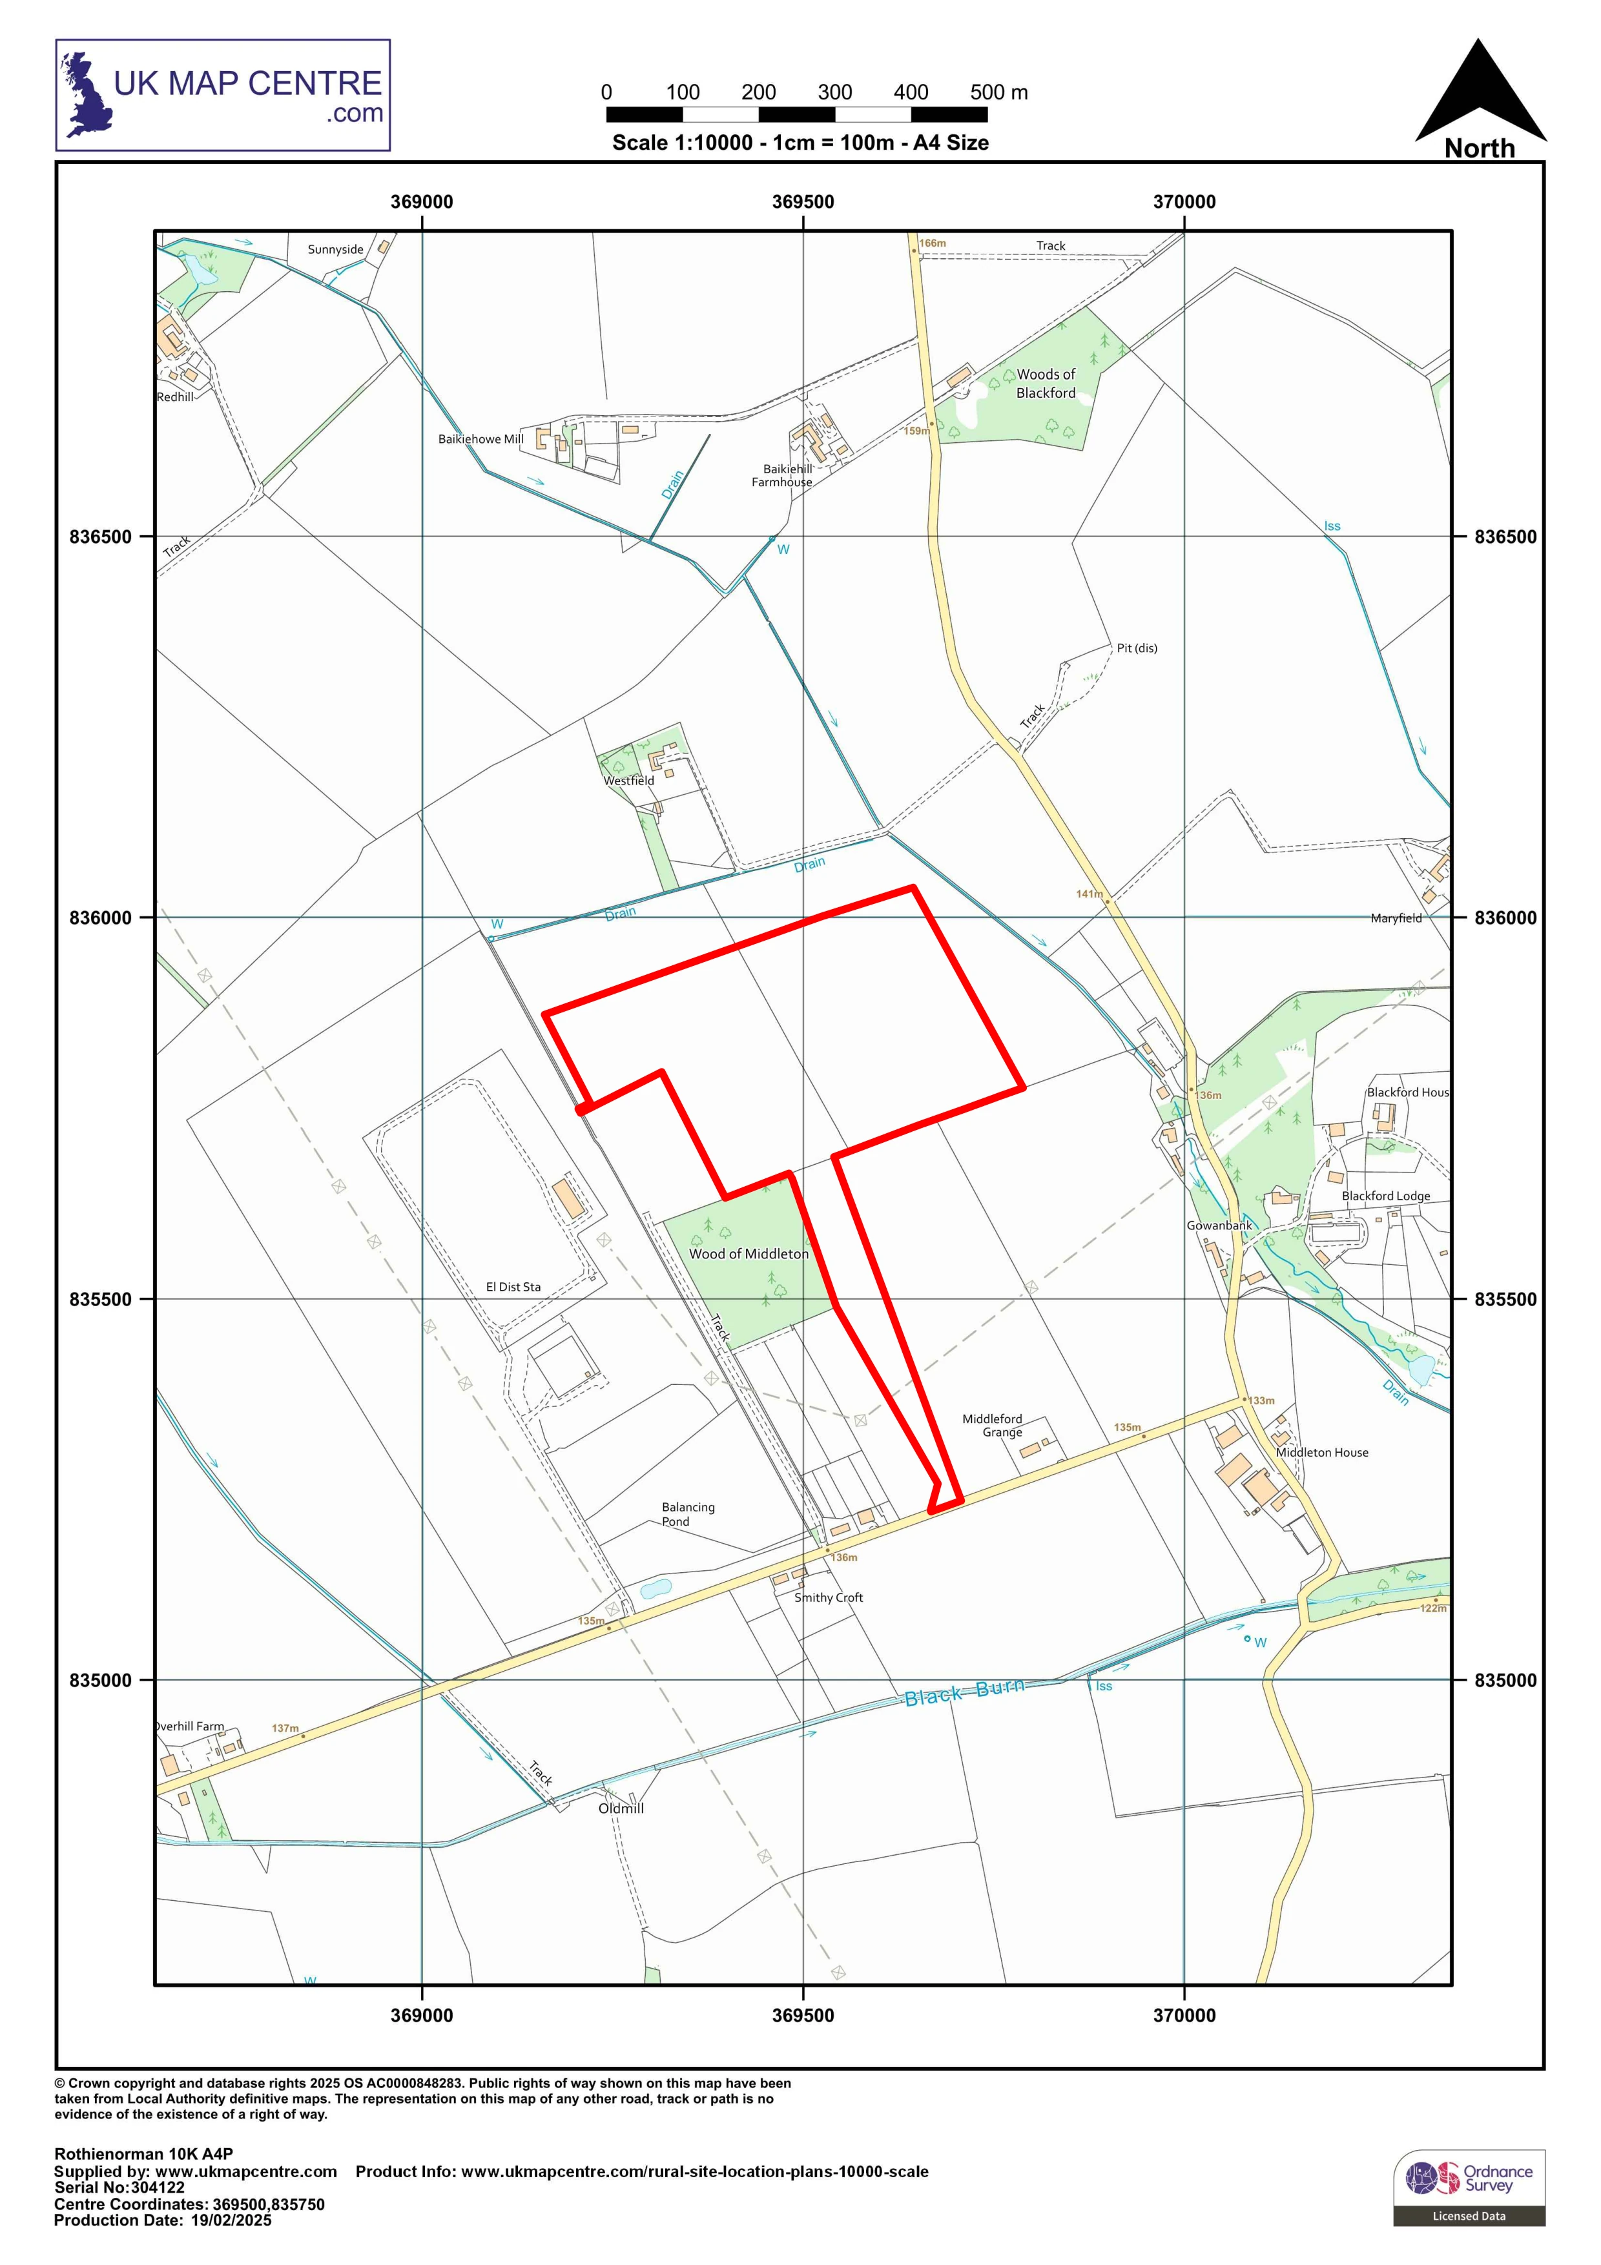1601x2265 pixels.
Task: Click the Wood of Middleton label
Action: [x=748, y=1254]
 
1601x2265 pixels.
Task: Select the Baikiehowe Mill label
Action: [x=480, y=439]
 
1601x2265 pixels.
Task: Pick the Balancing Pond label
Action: [x=688, y=1514]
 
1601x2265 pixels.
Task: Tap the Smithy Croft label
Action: [x=828, y=1597]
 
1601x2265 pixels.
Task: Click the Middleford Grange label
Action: [x=993, y=1426]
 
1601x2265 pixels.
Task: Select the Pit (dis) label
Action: [x=1137, y=648]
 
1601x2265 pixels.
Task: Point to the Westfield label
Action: [x=628, y=781]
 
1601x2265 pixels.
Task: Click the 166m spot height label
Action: [x=932, y=243]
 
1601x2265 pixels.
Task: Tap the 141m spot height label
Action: [x=1089, y=894]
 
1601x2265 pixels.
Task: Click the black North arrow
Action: [x=1480, y=94]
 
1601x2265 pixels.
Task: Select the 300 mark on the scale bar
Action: [x=834, y=93]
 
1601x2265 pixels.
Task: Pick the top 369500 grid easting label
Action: [x=802, y=202]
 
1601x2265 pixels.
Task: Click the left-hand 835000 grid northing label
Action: [x=99, y=1680]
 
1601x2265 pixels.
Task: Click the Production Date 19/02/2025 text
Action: [x=163, y=2220]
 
